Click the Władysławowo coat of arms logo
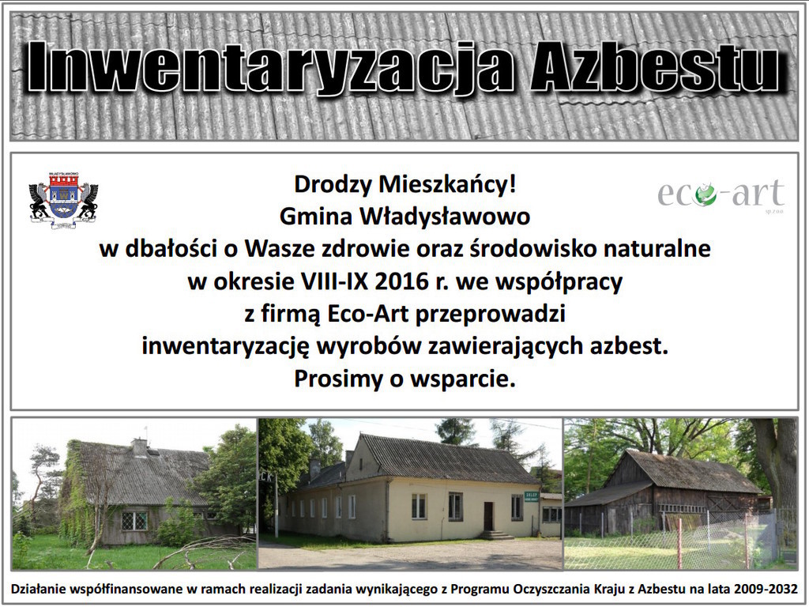(63, 200)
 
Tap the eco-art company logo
(721, 194)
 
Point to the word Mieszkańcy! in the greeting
(447, 184)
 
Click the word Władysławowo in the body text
(445, 217)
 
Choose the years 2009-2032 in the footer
(766, 589)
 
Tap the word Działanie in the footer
(37, 589)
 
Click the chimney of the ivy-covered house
(140, 447)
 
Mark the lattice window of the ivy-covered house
(134, 520)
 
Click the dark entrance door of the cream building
(487, 516)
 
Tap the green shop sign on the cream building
(531, 496)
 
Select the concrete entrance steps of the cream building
(495, 535)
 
